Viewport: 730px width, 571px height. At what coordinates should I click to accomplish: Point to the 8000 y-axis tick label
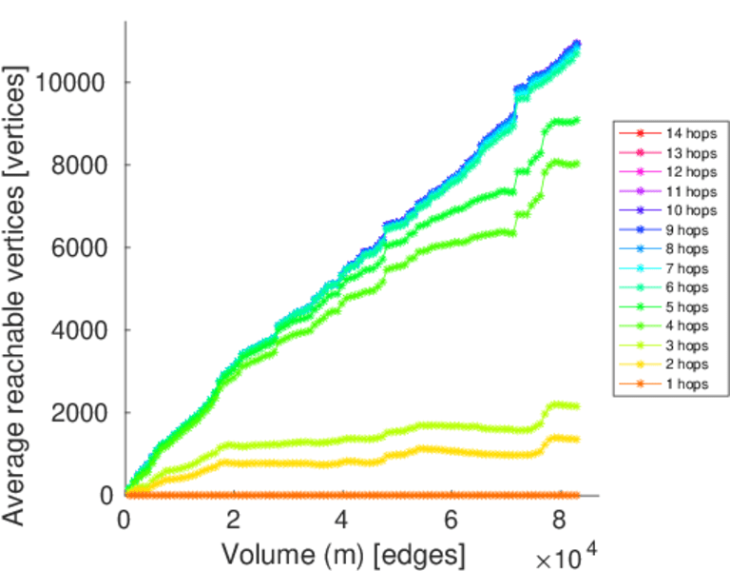coord(83,165)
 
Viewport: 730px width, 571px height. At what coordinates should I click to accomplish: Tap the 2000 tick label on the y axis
coord(83,413)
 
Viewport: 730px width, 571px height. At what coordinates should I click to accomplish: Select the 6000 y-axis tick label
coord(83,247)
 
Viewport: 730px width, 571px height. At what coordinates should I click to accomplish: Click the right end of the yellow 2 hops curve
coord(577,439)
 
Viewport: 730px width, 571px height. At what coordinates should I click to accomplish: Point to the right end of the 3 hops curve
coord(577,406)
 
